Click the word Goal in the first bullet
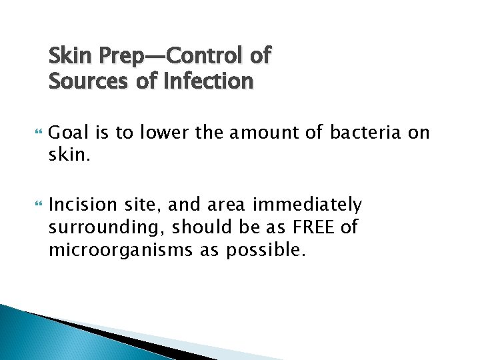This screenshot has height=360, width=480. pyautogui.click(x=69, y=133)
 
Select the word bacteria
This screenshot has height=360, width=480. pyautogui.click(x=366, y=133)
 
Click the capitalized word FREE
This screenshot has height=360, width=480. pyautogui.click(x=311, y=227)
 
